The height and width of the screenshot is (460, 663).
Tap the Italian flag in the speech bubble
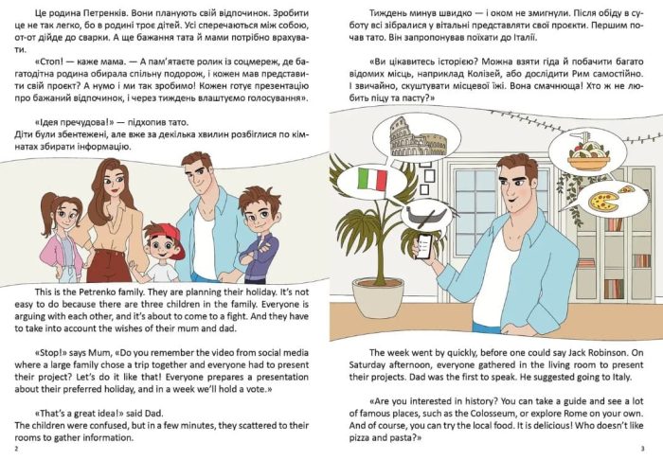[372, 180]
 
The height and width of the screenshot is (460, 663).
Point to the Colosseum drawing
[417, 137]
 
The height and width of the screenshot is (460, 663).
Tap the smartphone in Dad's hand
[424, 247]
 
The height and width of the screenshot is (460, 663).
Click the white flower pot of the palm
[378, 298]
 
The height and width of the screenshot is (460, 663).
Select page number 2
[16, 449]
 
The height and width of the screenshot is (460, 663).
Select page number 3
[642, 449]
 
